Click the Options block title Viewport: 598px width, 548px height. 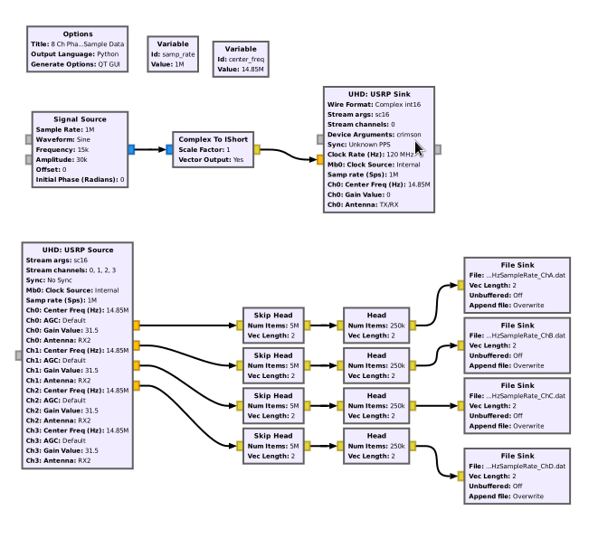tap(78, 34)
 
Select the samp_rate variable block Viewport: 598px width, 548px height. tap(173, 54)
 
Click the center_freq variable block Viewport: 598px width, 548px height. tap(241, 59)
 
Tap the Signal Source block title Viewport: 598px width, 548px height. tap(81, 118)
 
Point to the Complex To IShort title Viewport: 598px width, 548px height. tap(212, 138)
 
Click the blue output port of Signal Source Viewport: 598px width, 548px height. tap(131, 150)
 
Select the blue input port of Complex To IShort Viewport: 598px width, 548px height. tap(169, 150)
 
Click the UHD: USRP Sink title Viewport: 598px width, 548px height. tap(378, 94)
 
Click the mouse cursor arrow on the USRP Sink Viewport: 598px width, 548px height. tap(420, 148)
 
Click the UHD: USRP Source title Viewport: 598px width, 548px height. tap(78, 250)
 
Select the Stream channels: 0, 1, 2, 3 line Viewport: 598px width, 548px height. tap(71, 269)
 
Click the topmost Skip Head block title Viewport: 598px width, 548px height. tap(272, 314)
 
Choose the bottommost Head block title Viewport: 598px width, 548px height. tap(376, 436)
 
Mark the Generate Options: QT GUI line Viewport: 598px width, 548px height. tap(76, 65)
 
